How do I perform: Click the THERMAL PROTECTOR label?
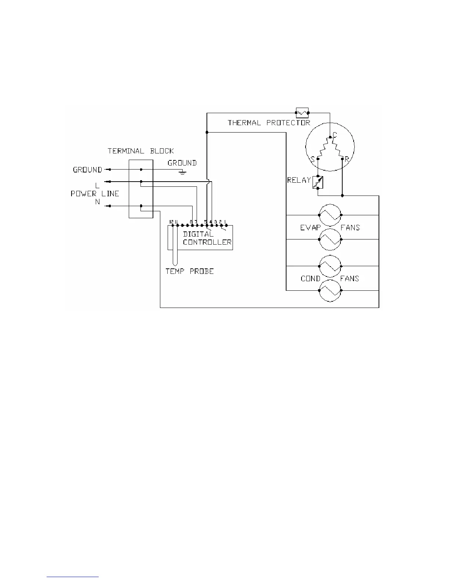pyautogui.click(x=269, y=123)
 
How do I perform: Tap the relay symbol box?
pyautogui.click(x=318, y=182)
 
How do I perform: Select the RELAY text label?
pyautogui.click(x=299, y=180)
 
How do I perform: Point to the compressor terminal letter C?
pyautogui.click(x=335, y=135)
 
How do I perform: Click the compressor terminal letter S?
pyautogui.click(x=313, y=159)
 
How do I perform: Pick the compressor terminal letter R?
pyautogui.click(x=347, y=160)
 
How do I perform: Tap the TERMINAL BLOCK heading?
pyautogui.click(x=141, y=151)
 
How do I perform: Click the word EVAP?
pyautogui.click(x=310, y=228)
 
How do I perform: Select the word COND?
pyautogui.click(x=310, y=279)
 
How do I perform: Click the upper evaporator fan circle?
pyautogui.click(x=330, y=215)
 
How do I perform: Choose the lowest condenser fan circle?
pyautogui.click(x=330, y=291)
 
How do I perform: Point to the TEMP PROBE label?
pyautogui.click(x=190, y=271)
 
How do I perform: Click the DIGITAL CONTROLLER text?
pyautogui.click(x=207, y=238)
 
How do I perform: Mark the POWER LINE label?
pyautogui.click(x=95, y=194)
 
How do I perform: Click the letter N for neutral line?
pyautogui.click(x=98, y=202)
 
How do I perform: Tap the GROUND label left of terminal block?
pyautogui.click(x=87, y=170)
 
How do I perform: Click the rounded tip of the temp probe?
pyautogui.click(x=175, y=263)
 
